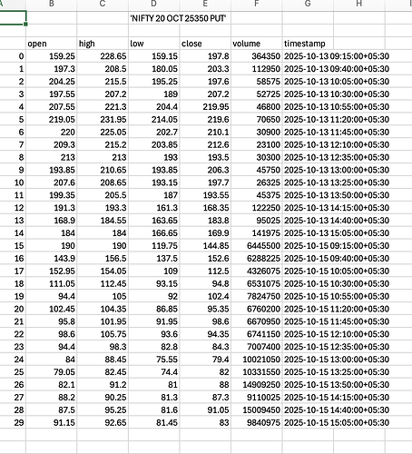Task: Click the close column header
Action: [x=192, y=43]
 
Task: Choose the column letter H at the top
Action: [x=359, y=5]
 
